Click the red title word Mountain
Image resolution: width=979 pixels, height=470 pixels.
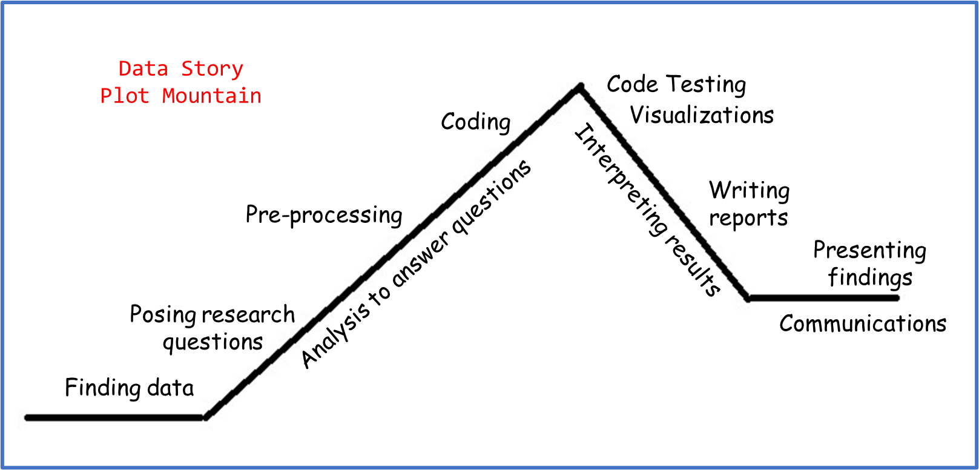[x=211, y=96]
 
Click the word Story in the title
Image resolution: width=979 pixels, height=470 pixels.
[x=212, y=69]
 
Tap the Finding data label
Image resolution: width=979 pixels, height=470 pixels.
[x=129, y=388]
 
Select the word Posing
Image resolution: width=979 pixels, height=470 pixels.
[x=162, y=315]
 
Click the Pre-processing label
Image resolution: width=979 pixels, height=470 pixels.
[x=324, y=215]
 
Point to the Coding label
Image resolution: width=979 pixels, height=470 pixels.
[x=475, y=122]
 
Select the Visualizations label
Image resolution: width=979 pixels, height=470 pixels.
[x=702, y=115]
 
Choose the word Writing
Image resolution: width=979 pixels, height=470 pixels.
[x=749, y=191]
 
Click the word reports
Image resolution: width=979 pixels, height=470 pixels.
[x=748, y=218]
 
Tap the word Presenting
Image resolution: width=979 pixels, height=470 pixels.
[x=869, y=250]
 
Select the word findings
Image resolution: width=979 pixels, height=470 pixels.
[x=870, y=277]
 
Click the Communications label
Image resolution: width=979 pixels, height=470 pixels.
[x=863, y=324]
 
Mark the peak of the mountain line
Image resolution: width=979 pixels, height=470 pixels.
[x=579, y=87]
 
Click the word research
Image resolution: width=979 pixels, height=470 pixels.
[x=248, y=315]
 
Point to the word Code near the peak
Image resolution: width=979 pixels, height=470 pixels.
[x=632, y=84]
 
